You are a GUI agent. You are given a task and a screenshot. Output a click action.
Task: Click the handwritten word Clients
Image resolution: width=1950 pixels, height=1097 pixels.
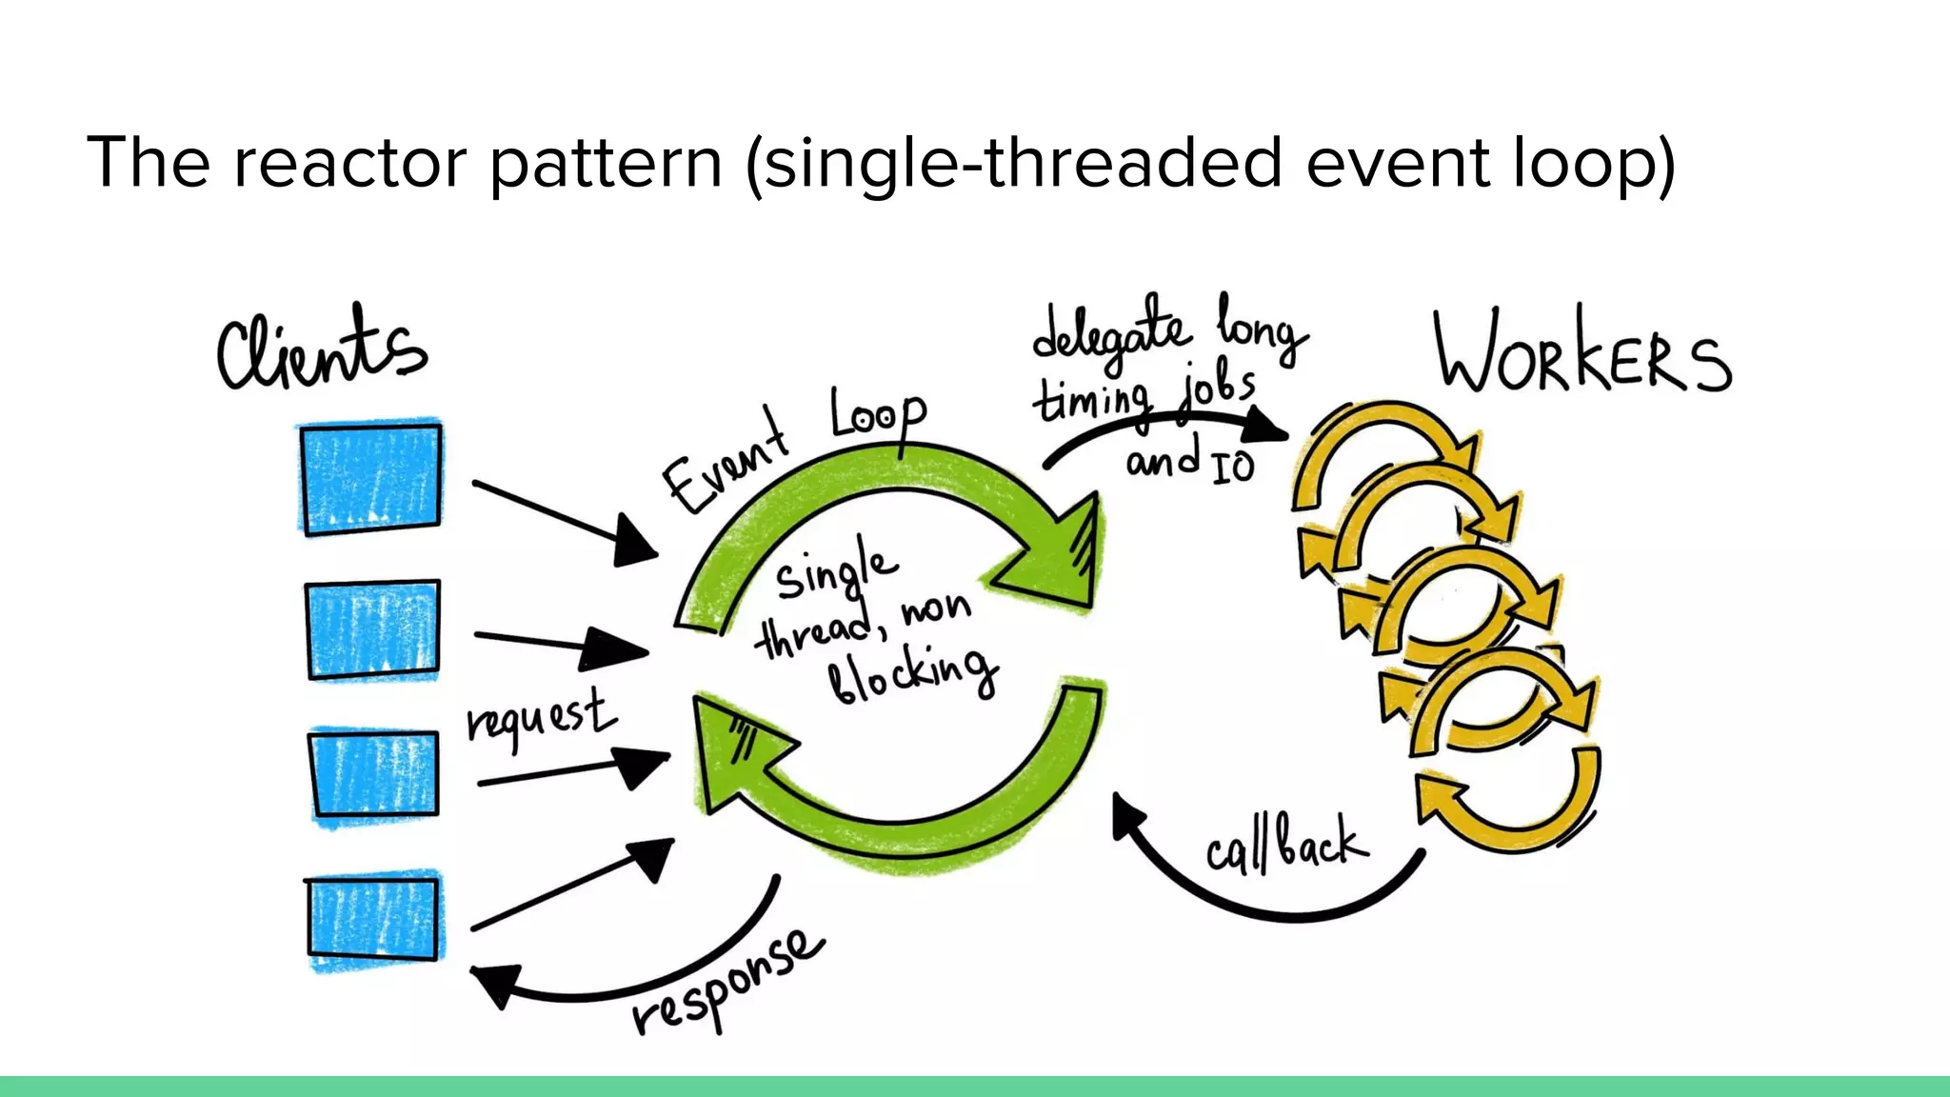(321, 349)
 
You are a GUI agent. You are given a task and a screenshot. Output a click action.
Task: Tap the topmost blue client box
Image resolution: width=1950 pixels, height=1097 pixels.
(371, 477)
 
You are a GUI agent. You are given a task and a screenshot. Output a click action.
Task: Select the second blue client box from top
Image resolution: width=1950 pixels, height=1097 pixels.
(373, 628)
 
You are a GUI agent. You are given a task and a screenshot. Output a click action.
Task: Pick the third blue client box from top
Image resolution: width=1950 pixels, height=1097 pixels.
(374, 773)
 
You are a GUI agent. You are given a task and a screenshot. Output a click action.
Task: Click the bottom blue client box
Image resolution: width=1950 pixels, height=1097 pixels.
(374, 918)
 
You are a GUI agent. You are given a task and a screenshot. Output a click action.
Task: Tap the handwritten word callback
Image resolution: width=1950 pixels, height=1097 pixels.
(1285, 845)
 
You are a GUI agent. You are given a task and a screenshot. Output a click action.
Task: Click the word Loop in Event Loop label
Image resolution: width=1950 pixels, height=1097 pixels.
(876, 415)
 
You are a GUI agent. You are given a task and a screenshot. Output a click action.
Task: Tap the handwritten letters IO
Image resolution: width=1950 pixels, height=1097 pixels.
(1233, 467)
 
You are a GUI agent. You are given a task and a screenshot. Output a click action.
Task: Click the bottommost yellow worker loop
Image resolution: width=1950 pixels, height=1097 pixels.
(1509, 800)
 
